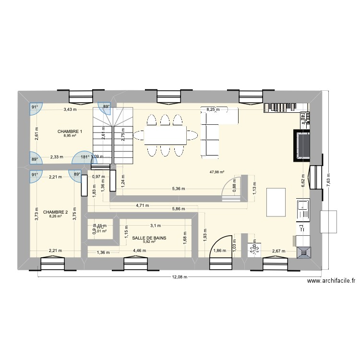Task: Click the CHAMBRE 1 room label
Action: pos(70,132)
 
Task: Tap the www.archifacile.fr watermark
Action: pos(331,282)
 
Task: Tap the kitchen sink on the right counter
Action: pos(303,209)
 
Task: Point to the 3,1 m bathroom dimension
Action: pos(156,225)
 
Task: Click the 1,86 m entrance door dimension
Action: pos(219,251)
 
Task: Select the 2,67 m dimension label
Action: pos(279,251)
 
